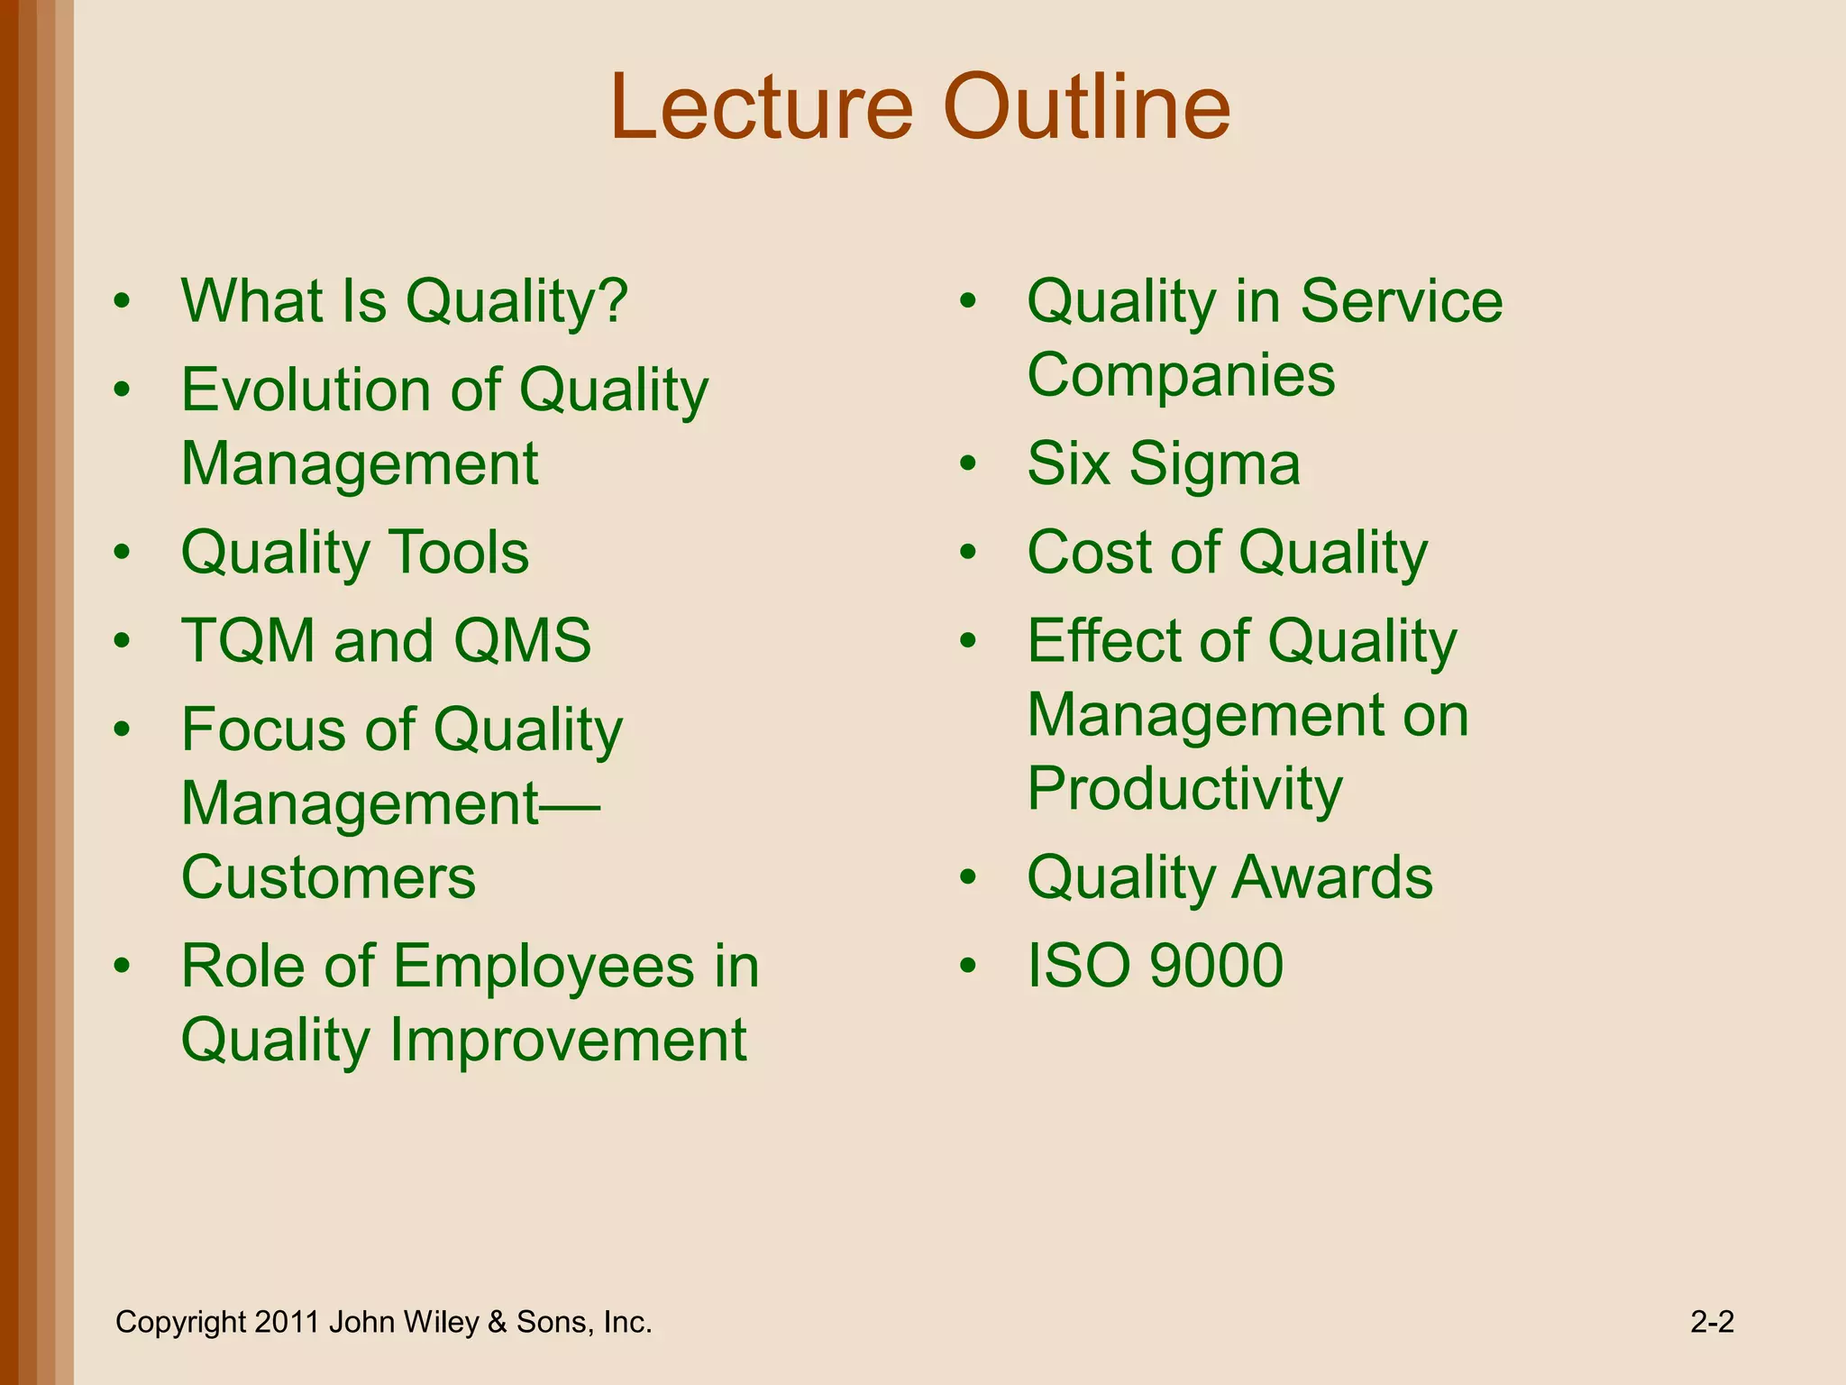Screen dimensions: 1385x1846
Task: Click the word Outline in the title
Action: pos(1086,108)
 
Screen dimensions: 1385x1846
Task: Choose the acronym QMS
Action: pos(522,641)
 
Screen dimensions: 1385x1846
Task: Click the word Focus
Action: pos(261,729)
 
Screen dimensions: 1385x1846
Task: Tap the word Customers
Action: pos(328,877)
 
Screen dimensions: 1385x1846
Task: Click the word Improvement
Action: pos(568,1040)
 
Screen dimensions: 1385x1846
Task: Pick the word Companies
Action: pos(1181,375)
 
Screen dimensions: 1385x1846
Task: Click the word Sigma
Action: pos(1214,464)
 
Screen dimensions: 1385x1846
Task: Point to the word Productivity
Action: pos(1184,789)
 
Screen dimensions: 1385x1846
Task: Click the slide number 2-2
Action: pos(1712,1323)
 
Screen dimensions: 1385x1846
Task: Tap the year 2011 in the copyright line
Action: pos(287,1323)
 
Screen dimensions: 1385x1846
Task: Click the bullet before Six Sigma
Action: pos(968,464)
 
